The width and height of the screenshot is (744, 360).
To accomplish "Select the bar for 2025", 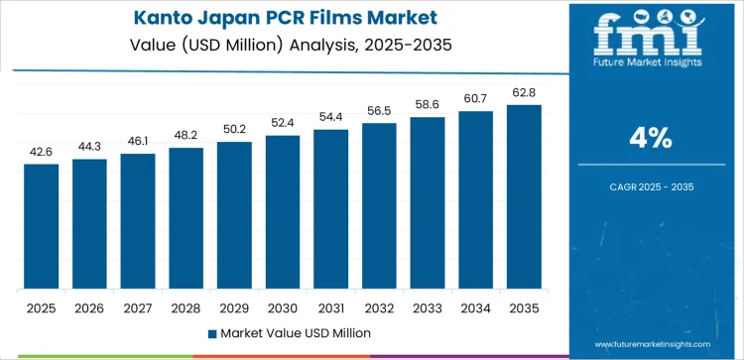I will pos(42,226).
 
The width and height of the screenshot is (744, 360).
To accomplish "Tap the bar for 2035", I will pos(524,196).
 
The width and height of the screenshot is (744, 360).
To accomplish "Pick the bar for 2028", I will pos(186,218).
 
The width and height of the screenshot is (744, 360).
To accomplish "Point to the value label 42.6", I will pos(42,152).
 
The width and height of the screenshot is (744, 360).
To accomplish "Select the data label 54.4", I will pos(331,118).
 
